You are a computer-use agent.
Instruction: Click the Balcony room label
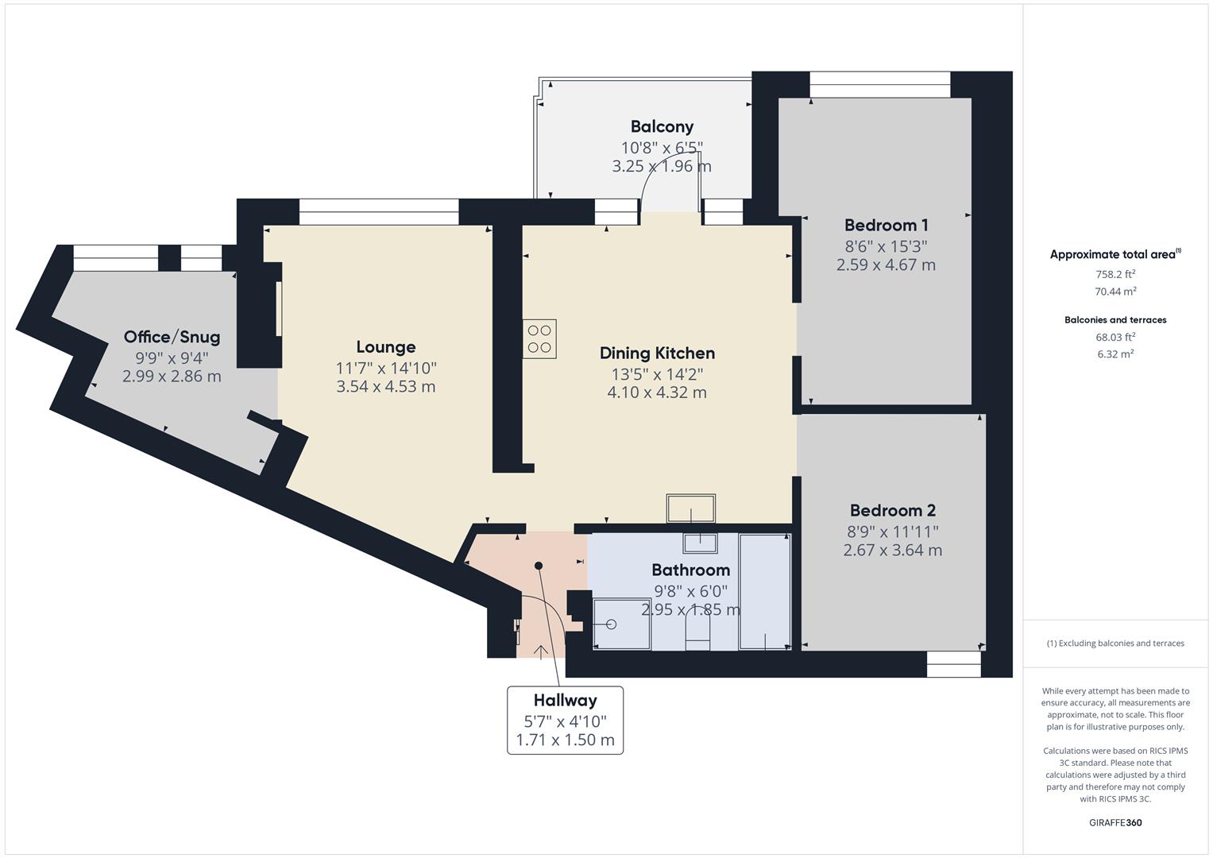click(x=662, y=126)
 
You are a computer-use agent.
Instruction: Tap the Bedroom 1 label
click(x=886, y=225)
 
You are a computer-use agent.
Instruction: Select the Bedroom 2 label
click(x=892, y=510)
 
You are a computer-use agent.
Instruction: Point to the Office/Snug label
click(x=172, y=337)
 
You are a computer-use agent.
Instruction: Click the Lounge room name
click(x=386, y=347)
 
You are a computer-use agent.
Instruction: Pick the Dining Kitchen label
click(x=657, y=353)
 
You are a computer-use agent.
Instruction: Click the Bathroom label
click(x=690, y=570)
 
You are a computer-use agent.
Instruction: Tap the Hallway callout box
click(x=565, y=721)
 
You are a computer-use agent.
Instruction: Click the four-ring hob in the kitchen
click(x=539, y=339)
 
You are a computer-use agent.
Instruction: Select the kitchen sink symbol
click(x=691, y=508)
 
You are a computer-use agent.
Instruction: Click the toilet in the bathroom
click(x=697, y=632)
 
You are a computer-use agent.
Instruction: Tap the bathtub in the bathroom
click(x=765, y=592)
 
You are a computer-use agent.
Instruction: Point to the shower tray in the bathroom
click(x=622, y=624)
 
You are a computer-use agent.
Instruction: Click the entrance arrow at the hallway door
click(x=541, y=652)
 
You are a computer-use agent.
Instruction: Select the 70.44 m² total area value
click(x=1115, y=292)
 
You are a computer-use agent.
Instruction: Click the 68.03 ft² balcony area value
click(x=1115, y=337)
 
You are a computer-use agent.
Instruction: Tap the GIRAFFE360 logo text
click(x=1115, y=822)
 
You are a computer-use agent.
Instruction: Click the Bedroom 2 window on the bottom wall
click(x=954, y=664)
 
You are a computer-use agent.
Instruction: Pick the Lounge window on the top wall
click(x=379, y=211)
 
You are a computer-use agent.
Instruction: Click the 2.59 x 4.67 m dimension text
click(x=886, y=265)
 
